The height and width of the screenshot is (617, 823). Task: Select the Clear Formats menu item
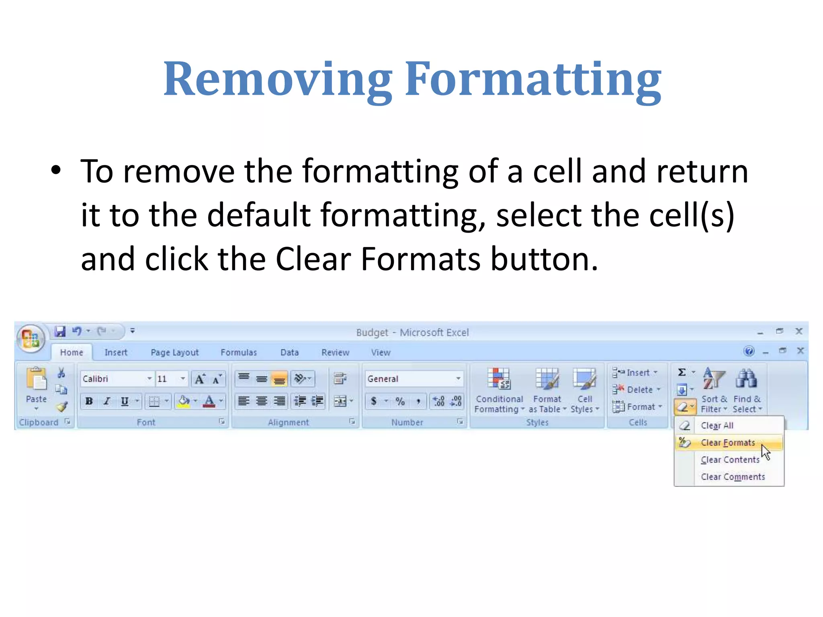pos(728,443)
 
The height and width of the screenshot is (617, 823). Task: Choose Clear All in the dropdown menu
pos(717,425)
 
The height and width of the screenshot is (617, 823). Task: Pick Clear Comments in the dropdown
pos(733,477)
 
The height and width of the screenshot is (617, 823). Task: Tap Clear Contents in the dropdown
pos(730,460)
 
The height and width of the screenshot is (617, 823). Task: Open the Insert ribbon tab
pos(116,352)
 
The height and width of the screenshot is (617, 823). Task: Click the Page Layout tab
pos(174,352)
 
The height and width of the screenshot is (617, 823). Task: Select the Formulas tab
pos(238,352)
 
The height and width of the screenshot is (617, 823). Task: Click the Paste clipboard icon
pos(37,379)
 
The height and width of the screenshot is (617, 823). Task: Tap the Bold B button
pos(89,401)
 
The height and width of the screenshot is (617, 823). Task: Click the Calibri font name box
pos(113,379)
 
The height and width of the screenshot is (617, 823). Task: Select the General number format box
pos(410,379)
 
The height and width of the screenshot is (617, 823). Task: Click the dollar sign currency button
pos(374,401)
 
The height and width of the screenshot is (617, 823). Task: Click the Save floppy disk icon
pos(60,331)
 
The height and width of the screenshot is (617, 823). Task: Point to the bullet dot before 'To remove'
pos(56,170)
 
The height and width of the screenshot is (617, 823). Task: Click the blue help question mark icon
pos(749,351)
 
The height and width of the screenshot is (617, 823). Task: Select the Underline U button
pos(125,401)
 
